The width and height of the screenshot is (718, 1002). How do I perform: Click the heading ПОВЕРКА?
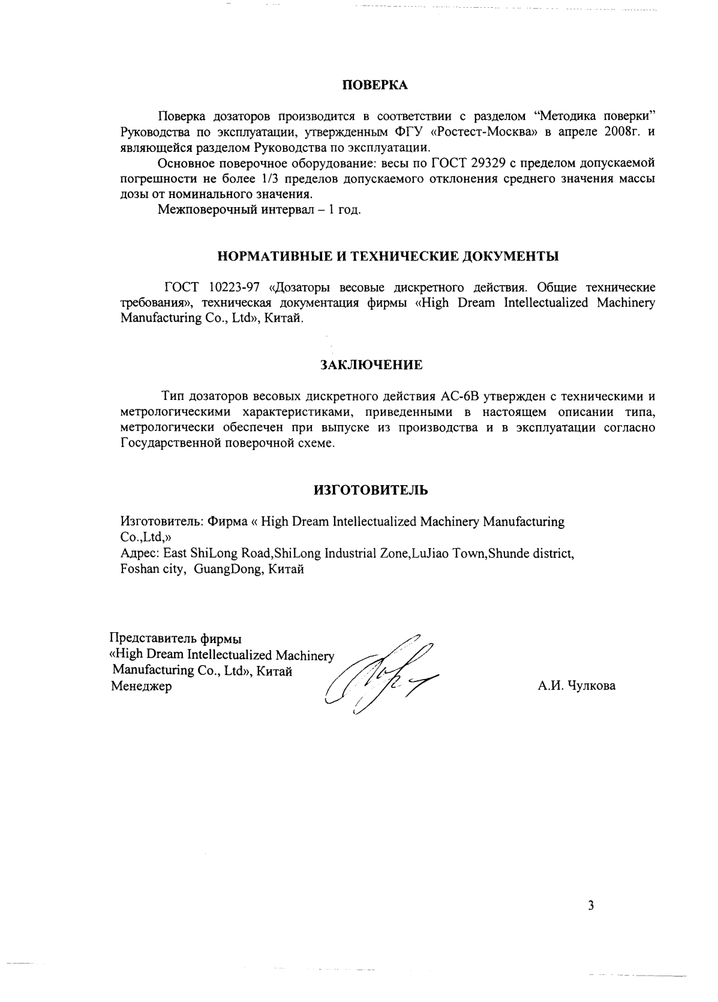[x=374, y=85]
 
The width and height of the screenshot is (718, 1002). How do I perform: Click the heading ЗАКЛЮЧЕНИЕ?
[x=371, y=364]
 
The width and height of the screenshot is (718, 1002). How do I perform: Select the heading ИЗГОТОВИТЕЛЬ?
[x=371, y=490]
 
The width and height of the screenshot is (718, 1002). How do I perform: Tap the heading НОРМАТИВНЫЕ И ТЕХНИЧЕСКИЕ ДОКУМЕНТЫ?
[x=387, y=256]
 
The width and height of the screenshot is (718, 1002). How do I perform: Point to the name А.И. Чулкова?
[x=576, y=686]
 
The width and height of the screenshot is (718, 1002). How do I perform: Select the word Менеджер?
[x=142, y=686]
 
